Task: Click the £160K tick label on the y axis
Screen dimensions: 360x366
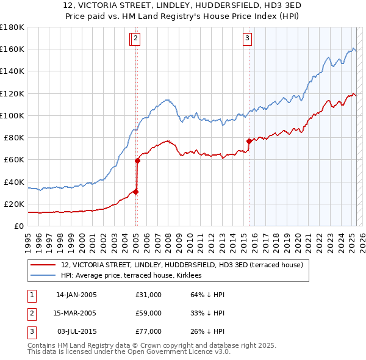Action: (12, 49)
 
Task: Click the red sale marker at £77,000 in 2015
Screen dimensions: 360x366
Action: (249, 141)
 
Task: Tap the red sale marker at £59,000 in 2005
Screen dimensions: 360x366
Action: (137, 161)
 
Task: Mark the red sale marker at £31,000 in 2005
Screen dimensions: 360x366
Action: (136, 192)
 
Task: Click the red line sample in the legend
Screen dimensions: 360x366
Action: (43, 265)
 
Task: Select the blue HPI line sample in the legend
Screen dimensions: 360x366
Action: (43, 275)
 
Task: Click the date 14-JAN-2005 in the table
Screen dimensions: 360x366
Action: (76, 295)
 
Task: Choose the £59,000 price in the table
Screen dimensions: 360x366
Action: (148, 313)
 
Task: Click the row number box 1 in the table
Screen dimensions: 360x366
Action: (31, 295)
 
